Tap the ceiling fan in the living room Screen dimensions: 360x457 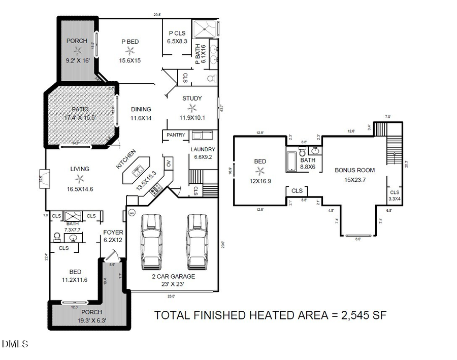tap(80, 178)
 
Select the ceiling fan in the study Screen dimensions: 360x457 tap(191, 108)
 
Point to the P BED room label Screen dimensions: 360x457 tap(129, 42)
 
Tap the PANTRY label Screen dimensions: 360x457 tap(176, 135)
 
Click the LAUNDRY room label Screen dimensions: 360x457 tap(203, 149)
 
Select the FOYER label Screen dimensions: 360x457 tap(113, 232)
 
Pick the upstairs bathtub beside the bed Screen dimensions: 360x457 tap(292, 161)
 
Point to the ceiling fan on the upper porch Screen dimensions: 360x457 tap(78, 50)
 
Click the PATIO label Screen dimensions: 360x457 tap(80, 109)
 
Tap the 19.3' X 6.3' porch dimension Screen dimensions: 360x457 tap(91, 320)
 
